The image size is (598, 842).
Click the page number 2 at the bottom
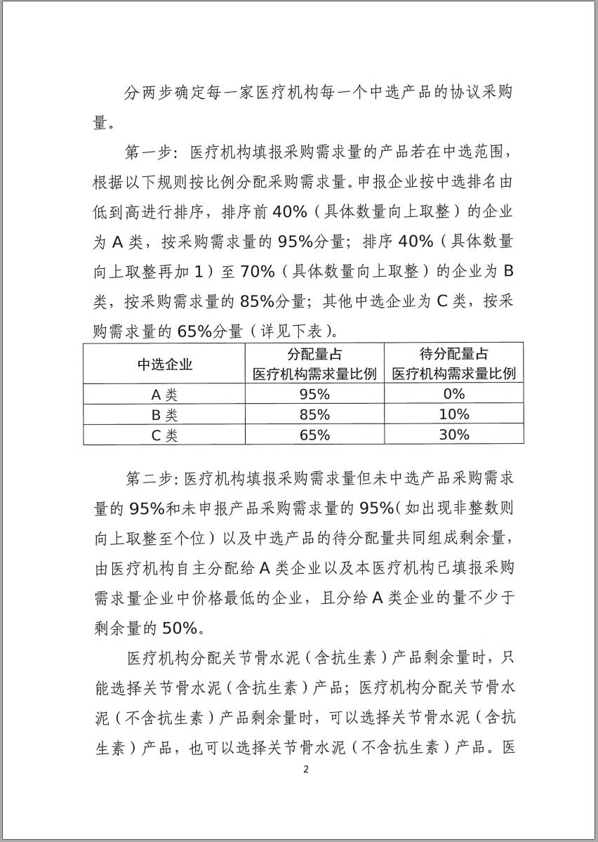pyautogui.click(x=305, y=768)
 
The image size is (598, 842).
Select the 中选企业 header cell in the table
pyautogui.click(x=164, y=364)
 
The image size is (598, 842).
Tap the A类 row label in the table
pyautogui.click(x=164, y=394)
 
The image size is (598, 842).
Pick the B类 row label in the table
pyautogui.click(x=164, y=414)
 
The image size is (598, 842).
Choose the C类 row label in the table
pyautogui.click(x=164, y=435)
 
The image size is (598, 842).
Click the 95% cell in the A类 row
pyautogui.click(x=314, y=394)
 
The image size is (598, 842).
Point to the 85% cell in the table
pyautogui.click(x=314, y=414)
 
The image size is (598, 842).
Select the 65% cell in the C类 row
pyautogui.click(x=314, y=435)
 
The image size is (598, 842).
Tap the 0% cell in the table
pyautogui.click(x=453, y=394)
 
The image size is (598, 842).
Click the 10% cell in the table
pyautogui.click(x=453, y=414)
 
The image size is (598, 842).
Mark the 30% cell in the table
pyautogui.click(x=453, y=435)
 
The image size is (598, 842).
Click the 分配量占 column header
pyautogui.click(x=314, y=355)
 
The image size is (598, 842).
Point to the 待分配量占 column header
pyautogui.click(x=453, y=355)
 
